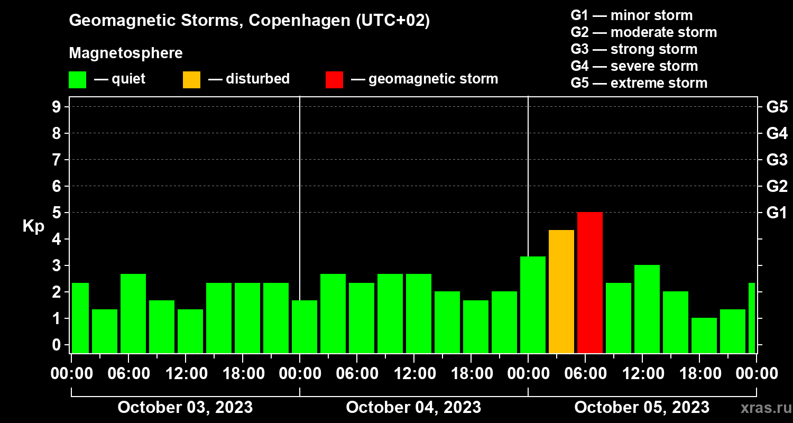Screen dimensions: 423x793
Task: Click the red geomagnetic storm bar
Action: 590,282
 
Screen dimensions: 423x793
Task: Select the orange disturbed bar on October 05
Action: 561,291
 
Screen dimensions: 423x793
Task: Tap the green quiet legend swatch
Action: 77,79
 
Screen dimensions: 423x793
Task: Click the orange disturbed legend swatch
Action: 191,79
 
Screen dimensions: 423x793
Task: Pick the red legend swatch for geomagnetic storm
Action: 334,79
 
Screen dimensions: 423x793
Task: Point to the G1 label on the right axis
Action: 777,213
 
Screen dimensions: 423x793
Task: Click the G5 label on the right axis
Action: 777,107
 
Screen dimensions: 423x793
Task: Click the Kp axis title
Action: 33,226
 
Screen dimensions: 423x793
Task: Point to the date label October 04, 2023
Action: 413,407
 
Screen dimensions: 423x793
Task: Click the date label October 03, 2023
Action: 185,407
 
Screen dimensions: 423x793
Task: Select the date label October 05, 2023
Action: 642,407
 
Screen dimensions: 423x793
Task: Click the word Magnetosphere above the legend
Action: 126,53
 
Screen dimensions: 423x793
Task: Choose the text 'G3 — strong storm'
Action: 634,49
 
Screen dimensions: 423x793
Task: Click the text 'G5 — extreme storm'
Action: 639,83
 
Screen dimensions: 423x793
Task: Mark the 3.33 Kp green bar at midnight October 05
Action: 533,305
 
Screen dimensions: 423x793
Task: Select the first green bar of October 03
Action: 80,318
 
